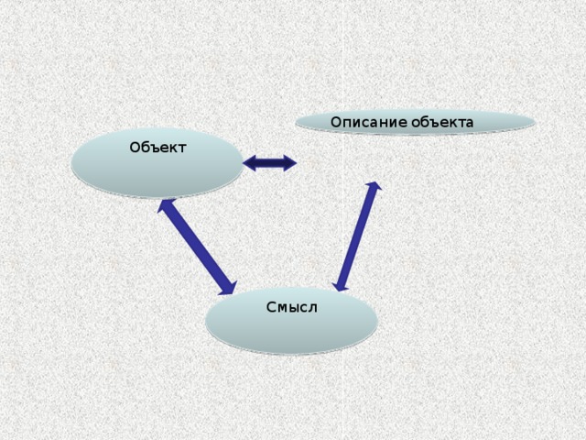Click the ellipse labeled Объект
point(157,163)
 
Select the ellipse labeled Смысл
point(291,321)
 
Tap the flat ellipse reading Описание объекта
point(415,122)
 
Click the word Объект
point(157,148)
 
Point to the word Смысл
point(292,307)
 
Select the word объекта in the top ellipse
point(442,122)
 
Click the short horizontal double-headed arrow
point(269,163)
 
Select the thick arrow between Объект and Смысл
point(197,247)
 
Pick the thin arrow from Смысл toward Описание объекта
point(357,236)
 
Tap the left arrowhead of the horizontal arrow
point(249,163)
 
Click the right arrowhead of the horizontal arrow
point(290,163)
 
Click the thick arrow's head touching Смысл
point(228,287)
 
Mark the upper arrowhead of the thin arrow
point(374,186)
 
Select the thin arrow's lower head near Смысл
point(340,286)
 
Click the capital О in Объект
point(135,148)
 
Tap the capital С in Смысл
point(271,307)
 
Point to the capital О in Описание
point(336,122)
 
